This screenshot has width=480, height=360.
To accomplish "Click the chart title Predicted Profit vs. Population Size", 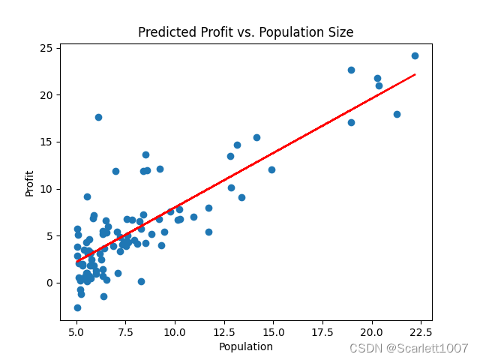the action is coord(245,32).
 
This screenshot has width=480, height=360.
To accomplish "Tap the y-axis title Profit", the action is coord(29,184).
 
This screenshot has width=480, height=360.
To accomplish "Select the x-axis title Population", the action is coord(245,346).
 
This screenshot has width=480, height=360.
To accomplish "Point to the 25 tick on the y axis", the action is coord(46,48).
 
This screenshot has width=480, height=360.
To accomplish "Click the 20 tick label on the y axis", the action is coord(46,95).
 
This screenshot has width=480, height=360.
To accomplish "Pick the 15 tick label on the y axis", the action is coord(46,142).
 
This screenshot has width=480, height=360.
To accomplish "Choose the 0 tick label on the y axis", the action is coord(49,283).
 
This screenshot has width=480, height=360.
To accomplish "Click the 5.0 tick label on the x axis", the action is coord(76,332).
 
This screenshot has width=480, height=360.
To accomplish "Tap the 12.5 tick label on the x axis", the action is coord(224,332).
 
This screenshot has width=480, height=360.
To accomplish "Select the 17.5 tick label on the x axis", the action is coord(322,332).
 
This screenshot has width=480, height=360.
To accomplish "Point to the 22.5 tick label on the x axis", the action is coord(421,332).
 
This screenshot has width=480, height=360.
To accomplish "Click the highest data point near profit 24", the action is coord(415,55).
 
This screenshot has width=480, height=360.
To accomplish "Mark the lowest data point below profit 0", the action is coord(77,307).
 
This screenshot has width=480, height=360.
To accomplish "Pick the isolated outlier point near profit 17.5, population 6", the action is coord(98,117).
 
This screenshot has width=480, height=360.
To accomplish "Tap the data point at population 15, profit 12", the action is coord(271,169).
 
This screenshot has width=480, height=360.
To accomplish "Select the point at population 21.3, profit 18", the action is coord(397,114).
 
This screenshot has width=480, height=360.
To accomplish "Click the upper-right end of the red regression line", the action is coord(415,74).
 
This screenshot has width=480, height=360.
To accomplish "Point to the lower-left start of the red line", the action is coord(76,261).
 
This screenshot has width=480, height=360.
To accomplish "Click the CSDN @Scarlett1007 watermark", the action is coord(409,348).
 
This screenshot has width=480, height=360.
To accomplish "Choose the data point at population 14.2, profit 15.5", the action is coord(256,137).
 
